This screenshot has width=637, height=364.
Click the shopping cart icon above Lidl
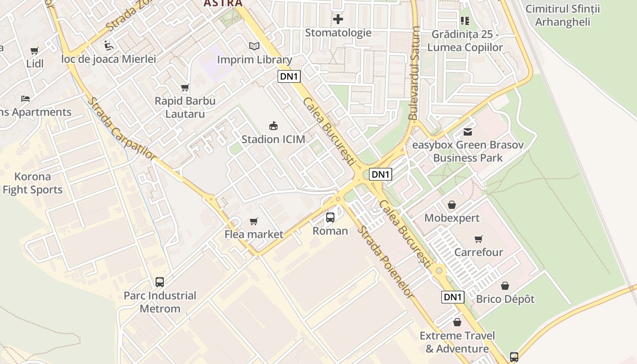35,51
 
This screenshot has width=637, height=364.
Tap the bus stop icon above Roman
330,217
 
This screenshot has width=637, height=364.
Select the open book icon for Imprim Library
254,46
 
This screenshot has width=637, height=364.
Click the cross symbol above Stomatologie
338,20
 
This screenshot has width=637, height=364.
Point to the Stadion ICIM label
273,139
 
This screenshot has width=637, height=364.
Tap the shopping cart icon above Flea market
254,221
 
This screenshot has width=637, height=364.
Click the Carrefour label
479,252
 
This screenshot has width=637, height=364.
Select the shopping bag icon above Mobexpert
452,205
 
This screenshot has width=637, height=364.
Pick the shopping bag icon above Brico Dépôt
505,286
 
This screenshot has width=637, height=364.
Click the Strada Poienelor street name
385,262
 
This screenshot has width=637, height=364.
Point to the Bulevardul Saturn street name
414,73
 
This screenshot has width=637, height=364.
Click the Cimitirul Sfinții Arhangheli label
562,15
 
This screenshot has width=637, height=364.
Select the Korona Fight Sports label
32,183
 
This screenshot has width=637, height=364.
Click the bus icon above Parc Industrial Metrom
160,282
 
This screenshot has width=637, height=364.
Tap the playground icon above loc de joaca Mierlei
108,45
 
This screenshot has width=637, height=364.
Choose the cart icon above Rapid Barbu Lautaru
185,87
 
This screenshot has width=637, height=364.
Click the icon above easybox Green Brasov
468,132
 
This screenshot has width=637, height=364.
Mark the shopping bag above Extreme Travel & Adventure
457,322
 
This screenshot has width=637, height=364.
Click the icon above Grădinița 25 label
465,20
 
